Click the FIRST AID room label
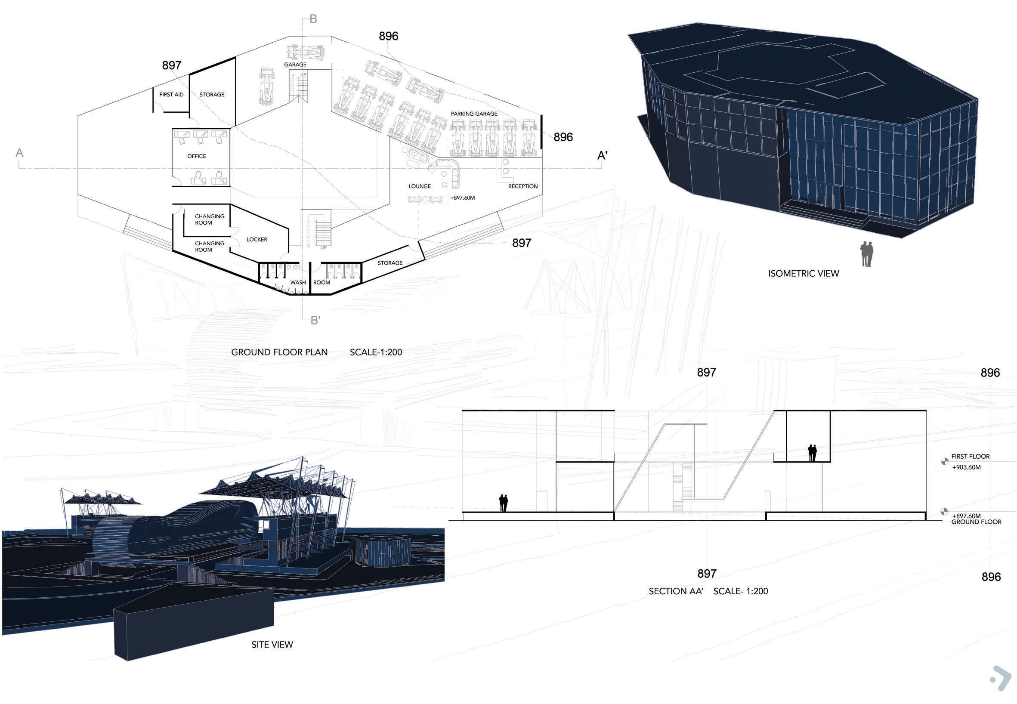tap(171, 94)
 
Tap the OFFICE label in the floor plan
tap(196, 156)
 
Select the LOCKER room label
tap(257, 240)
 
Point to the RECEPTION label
tap(523, 186)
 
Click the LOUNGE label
tap(420, 186)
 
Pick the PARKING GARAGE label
tap(474, 114)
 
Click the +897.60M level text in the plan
tap(462, 198)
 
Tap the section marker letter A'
tap(602, 156)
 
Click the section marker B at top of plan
tap(313, 19)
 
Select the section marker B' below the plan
tap(315, 321)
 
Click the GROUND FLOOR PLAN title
tap(279, 352)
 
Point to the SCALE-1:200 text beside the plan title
tap(376, 352)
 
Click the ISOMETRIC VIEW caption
tap(804, 274)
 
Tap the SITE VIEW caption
tap(272, 645)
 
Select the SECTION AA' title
tap(676, 592)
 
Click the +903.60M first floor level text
tap(966, 467)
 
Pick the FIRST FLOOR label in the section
tap(970, 457)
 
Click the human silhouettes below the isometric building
tap(866, 254)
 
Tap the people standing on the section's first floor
tap(812, 453)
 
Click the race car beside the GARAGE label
tap(306, 52)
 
